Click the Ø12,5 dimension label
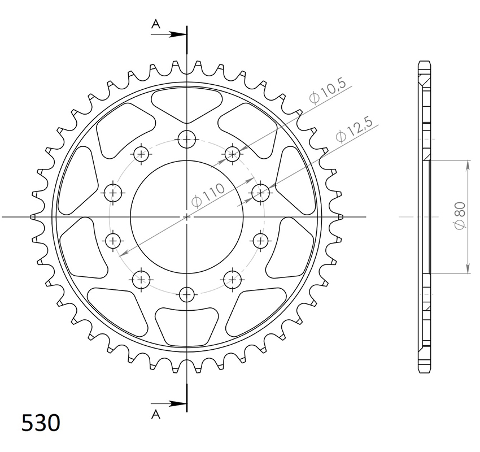coord(354,129)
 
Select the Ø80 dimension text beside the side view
coord(460,215)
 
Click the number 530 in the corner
coord(41,423)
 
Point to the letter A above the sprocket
coord(156,24)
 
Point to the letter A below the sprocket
coord(156,414)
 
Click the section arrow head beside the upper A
coord(178,34)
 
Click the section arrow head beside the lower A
coord(178,403)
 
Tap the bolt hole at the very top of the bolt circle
coord(187,140)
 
